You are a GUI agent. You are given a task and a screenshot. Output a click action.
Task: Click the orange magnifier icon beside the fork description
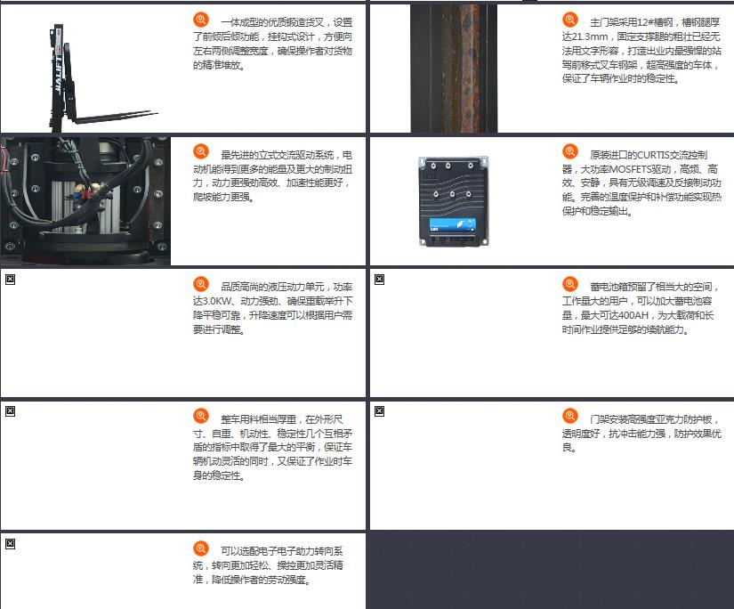click(201, 20)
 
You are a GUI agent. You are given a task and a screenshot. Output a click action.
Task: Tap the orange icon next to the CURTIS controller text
click(569, 151)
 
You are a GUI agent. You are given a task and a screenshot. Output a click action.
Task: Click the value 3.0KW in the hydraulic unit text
click(217, 301)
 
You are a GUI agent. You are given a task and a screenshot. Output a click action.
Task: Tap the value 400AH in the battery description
click(633, 315)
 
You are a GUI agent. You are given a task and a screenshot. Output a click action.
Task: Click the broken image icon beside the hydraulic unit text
click(11, 280)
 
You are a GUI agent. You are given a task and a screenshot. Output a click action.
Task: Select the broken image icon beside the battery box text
click(380, 280)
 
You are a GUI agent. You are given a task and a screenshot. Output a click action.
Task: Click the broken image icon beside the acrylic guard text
click(380, 411)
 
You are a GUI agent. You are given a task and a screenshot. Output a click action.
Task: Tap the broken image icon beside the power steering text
click(11, 544)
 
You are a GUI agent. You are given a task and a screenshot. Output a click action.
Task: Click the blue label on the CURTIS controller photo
click(453, 225)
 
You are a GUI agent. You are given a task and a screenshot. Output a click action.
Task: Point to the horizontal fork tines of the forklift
click(115, 116)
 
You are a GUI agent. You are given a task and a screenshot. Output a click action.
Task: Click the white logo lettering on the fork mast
click(58, 75)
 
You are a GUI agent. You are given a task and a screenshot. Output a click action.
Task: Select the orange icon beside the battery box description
click(569, 283)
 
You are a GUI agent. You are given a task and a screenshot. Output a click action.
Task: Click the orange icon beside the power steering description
click(201, 548)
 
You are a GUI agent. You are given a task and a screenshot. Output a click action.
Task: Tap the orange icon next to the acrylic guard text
click(569, 416)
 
